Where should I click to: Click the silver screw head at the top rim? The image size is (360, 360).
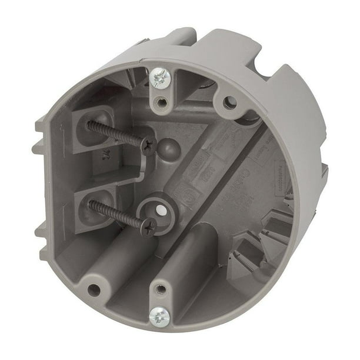coord(159,77)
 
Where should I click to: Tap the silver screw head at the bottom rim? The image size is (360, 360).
coord(159,316)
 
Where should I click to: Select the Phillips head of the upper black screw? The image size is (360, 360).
coord(148,144)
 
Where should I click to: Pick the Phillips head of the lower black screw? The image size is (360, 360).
coord(149,225)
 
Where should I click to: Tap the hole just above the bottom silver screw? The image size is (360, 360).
coord(159,289)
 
